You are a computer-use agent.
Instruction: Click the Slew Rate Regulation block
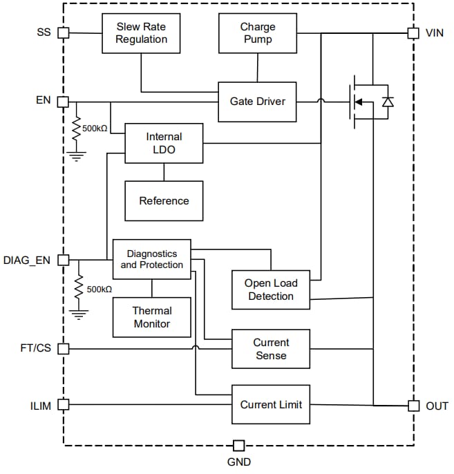141,33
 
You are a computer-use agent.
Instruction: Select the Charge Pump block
257,33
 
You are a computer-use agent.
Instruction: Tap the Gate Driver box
257,102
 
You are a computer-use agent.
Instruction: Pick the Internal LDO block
164,143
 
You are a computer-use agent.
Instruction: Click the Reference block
164,201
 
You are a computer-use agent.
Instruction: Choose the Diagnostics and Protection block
152,259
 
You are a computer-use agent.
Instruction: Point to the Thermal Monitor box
152,317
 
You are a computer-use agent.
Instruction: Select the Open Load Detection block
270,290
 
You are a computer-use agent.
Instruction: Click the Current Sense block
270,349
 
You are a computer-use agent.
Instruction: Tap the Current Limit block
270,404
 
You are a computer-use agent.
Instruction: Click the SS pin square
63,32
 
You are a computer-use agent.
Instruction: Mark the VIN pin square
413,32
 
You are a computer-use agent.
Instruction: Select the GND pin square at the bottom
238,445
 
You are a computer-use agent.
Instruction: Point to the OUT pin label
437,406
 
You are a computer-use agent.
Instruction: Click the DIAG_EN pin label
26,260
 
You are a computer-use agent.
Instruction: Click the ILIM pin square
63,404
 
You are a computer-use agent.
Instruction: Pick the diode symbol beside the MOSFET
388,102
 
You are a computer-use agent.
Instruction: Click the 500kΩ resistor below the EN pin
77,129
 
